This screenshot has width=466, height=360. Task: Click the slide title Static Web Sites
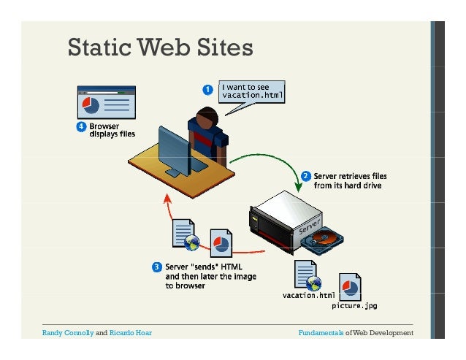(160, 47)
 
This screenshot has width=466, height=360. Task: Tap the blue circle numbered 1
(208, 90)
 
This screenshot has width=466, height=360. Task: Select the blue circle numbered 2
(305, 176)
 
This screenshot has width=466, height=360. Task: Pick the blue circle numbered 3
(156, 267)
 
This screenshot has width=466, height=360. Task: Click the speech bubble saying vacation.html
(253, 92)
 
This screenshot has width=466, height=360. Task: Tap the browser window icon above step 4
(107, 103)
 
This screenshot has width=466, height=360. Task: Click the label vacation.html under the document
(308, 296)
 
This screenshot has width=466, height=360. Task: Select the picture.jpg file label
(355, 305)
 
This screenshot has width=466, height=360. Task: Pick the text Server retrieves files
(351, 176)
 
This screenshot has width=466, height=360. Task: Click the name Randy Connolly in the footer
(68, 333)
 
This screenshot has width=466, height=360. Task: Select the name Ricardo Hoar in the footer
(130, 333)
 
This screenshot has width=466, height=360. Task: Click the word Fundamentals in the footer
(321, 333)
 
